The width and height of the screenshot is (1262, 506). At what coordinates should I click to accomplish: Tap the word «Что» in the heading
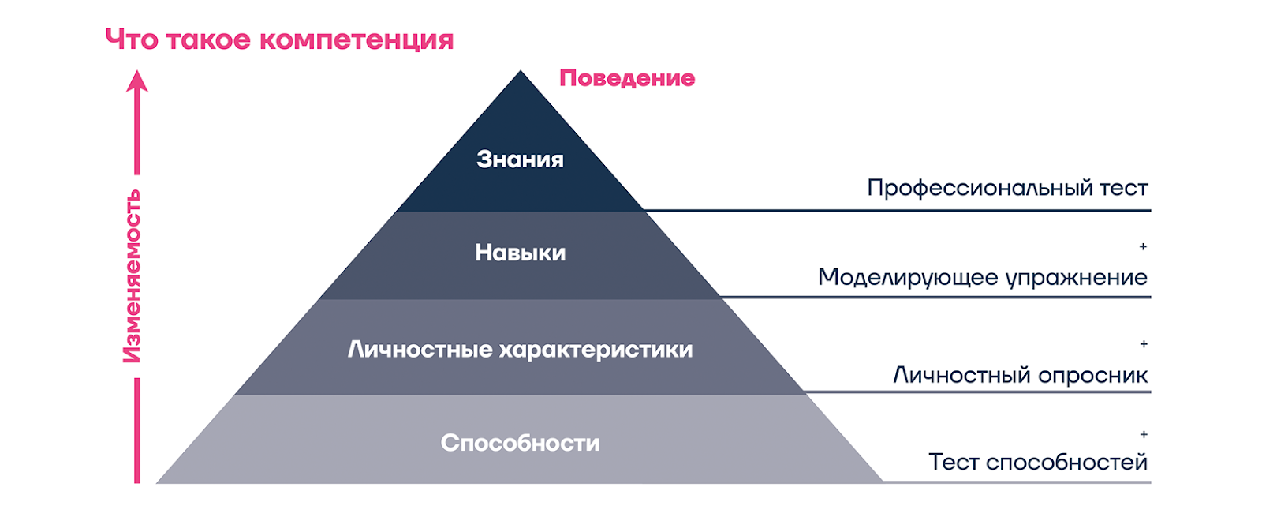click(132, 39)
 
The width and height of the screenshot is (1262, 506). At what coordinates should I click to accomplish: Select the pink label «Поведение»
click(627, 78)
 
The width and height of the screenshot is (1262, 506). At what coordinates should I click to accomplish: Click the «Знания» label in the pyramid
click(520, 159)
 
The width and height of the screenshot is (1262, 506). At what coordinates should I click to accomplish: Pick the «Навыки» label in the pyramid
click(520, 253)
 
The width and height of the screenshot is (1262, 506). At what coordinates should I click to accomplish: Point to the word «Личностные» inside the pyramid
click(420, 350)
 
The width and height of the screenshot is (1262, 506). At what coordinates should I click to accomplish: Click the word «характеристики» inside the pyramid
click(596, 350)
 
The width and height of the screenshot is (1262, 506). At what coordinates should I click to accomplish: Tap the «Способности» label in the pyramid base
click(520, 444)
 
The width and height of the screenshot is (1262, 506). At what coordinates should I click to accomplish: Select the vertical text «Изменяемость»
click(132, 276)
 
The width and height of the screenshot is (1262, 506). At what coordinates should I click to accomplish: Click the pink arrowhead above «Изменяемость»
click(137, 81)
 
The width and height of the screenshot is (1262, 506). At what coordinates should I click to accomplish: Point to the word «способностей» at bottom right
click(1067, 463)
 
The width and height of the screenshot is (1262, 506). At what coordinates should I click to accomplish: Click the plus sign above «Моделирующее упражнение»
click(1143, 246)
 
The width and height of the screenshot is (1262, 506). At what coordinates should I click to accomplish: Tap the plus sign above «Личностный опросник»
click(1144, 344)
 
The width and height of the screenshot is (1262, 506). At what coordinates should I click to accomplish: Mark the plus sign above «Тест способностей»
click(1144, 434)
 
